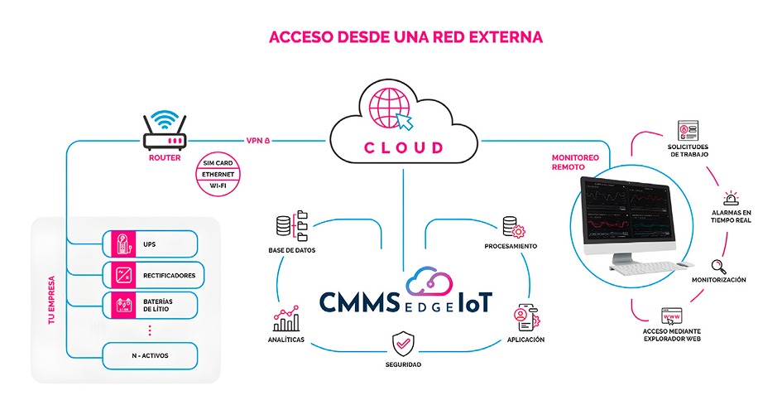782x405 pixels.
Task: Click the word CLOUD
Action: pyautogui.click(x=404, y=147)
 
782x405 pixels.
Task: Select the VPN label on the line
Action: pyautogui.click(x=258, y=141)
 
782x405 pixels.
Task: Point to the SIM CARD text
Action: pyautogui.click(x=218, y=163)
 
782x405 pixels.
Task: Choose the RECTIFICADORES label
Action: pyautogui.click(x=169, y=275)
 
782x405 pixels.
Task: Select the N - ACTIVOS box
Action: pyautogui.click(x=150, y=356)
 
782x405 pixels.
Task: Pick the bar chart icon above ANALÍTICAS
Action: pyautogui.click(x=286, y=319)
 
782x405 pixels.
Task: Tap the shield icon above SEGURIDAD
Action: pyautogui.click(x=403, y=344)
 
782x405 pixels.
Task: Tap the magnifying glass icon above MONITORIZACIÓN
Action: pyautogui.click(x=718, y=267)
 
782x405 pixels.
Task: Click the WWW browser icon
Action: pyautogui.click(x=671, y=316)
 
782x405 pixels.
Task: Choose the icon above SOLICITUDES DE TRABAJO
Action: pyautogui.click(x=688, y=130)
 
